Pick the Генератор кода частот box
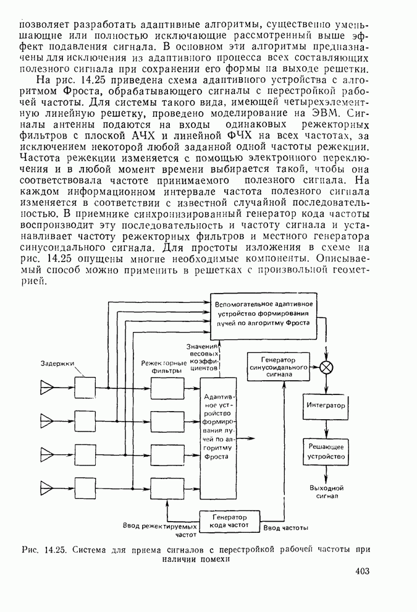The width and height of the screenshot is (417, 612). (230, 521)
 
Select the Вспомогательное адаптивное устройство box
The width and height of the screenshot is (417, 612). (264, 314)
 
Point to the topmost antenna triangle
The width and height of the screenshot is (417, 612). (47, 388)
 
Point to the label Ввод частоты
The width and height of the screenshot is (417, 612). (286, 529)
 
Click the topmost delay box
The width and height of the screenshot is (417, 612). (85, 388)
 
